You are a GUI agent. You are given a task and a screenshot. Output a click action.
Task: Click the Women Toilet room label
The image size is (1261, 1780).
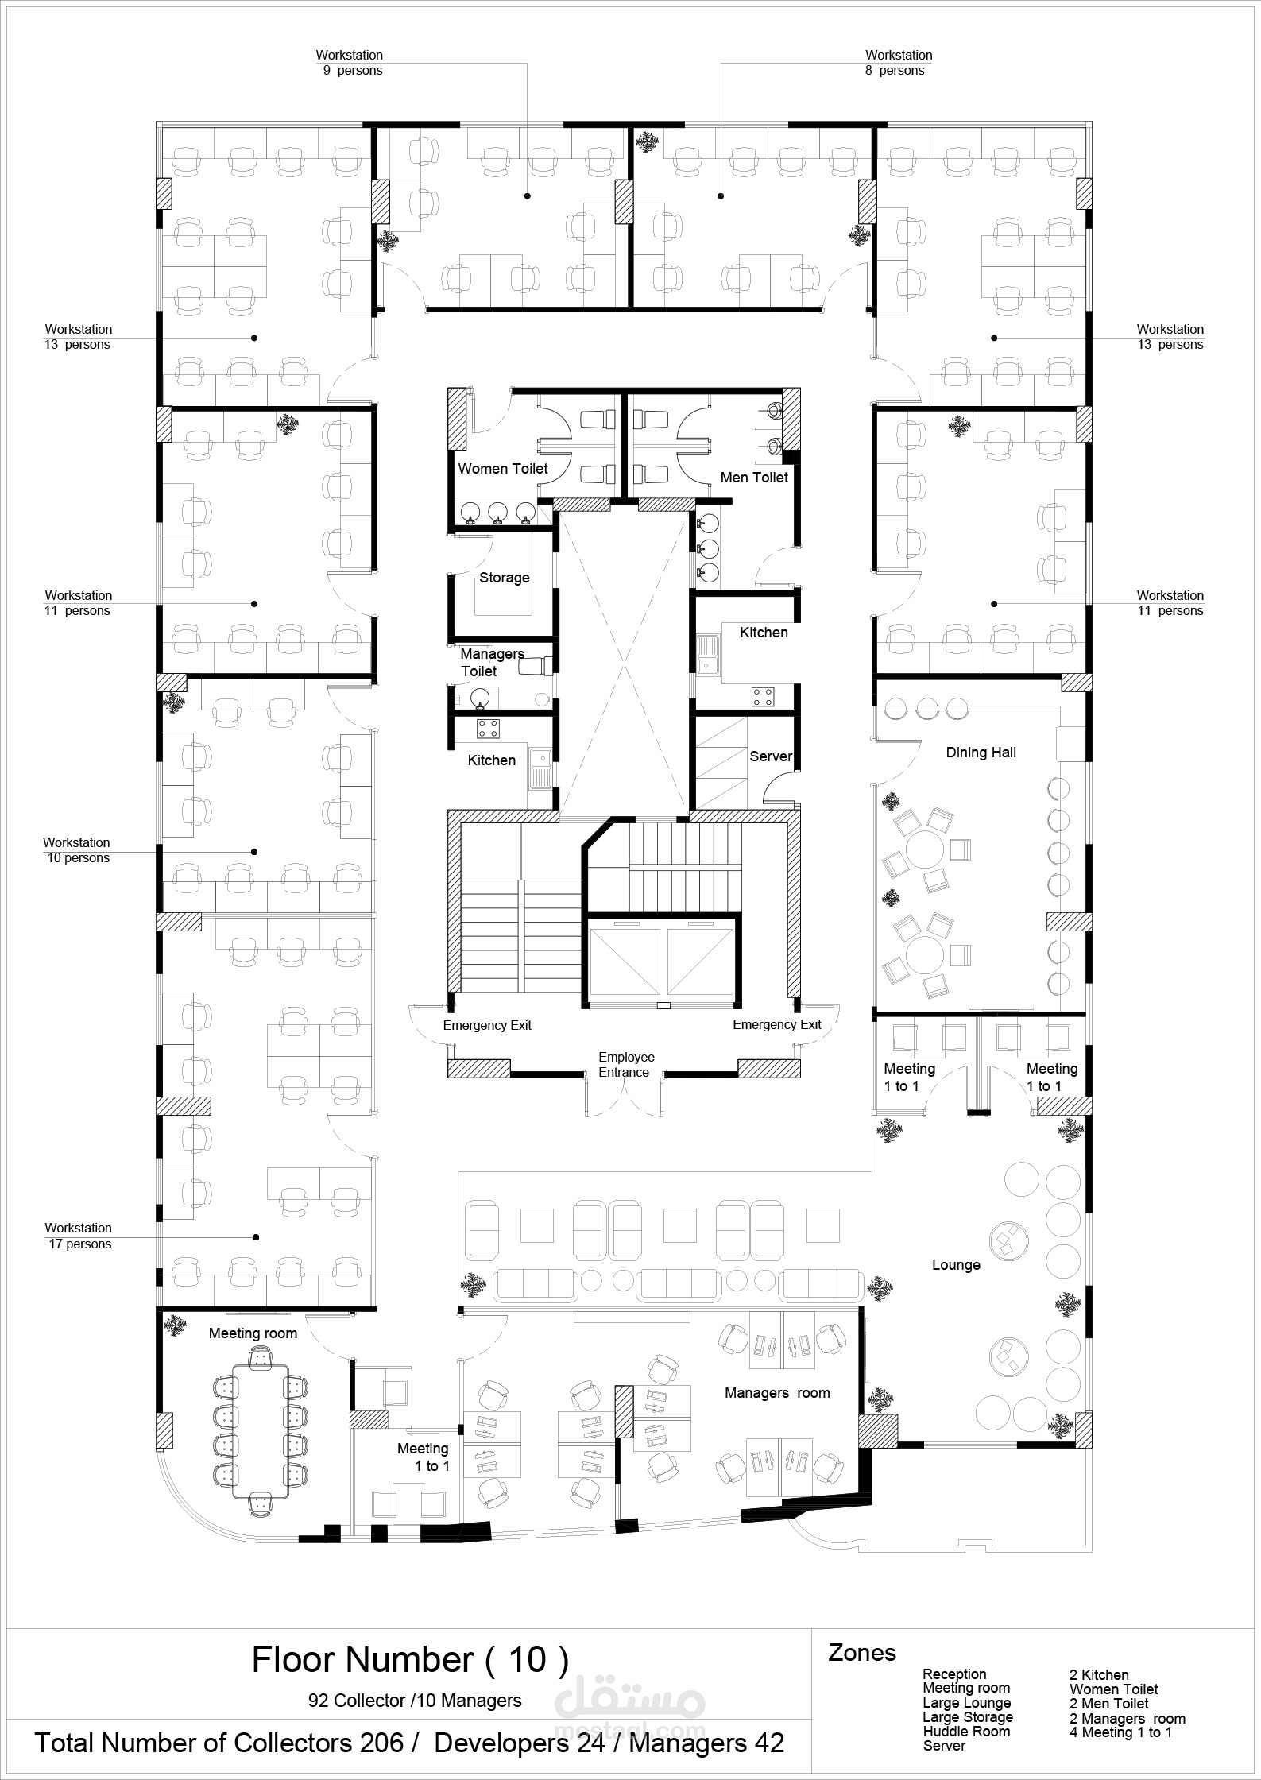coord(503,469)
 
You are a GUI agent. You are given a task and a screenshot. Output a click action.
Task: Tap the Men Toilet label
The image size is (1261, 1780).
coord(754,478)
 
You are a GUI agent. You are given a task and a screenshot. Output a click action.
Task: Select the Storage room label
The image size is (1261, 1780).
coord(504,578)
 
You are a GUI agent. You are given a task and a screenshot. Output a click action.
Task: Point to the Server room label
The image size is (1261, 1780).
coord(771,756)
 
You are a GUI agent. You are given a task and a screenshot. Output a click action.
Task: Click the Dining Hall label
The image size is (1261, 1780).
coord(981,753)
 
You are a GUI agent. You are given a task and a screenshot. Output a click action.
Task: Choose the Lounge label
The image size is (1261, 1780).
coord(956,1265)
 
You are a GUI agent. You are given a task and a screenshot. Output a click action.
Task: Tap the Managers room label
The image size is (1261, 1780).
coord(776,1393)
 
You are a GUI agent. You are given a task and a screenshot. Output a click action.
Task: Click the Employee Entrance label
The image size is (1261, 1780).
coord(626,1065)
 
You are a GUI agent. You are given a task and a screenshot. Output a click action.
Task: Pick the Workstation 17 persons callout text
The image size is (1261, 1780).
coord(79,1236)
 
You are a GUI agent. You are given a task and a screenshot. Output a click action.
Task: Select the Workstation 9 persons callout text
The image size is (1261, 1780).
coord(350,63)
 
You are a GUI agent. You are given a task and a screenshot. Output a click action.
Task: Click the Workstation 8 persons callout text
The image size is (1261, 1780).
coord(898,63)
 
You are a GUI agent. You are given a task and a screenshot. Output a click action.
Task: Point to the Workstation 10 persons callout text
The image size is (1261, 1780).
coord(77,850)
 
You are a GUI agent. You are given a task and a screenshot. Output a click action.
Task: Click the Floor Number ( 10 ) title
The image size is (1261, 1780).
coord(410,1660)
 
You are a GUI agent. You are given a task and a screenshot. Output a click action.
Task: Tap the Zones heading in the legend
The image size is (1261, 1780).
coord(861,1654)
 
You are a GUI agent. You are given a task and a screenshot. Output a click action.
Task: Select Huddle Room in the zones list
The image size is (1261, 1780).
coord(965,1732)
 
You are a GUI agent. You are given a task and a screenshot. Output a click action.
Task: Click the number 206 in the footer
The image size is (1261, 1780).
coord(384,1743)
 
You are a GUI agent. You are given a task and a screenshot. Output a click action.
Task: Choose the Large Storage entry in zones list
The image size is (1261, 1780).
coord(967,1717)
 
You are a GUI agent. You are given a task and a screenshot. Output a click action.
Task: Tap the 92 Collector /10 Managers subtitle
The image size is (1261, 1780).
coord(415,1701)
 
